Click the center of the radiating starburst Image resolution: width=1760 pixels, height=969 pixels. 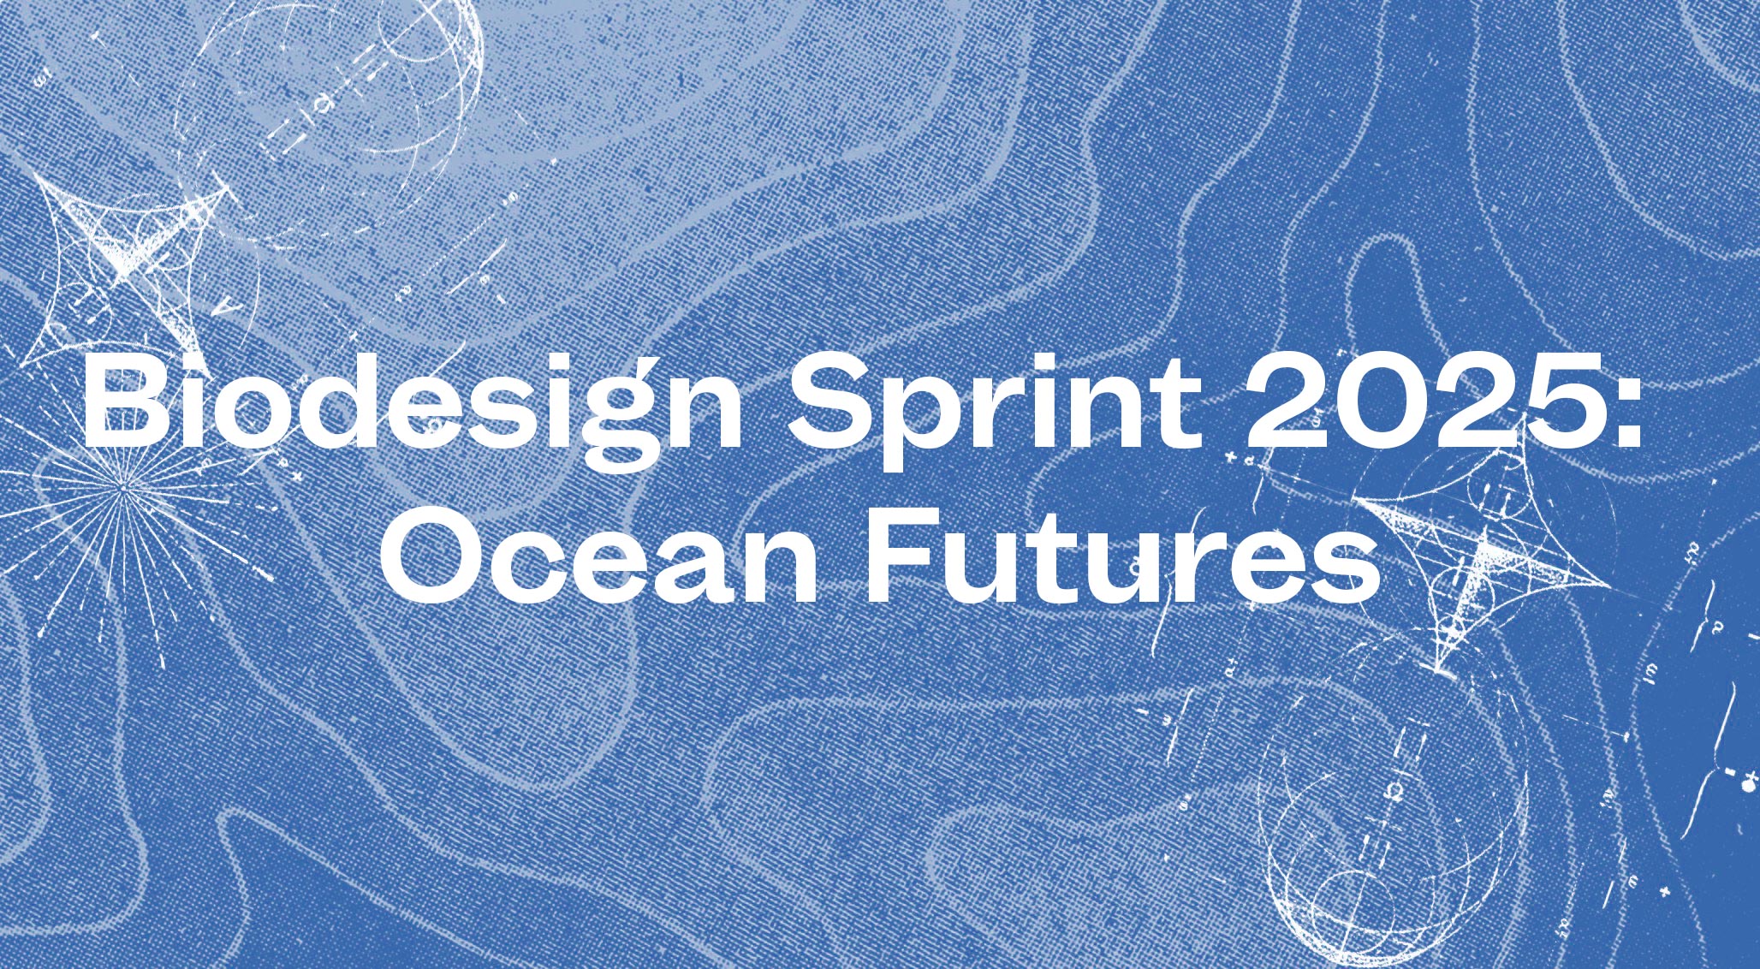[125, 488]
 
